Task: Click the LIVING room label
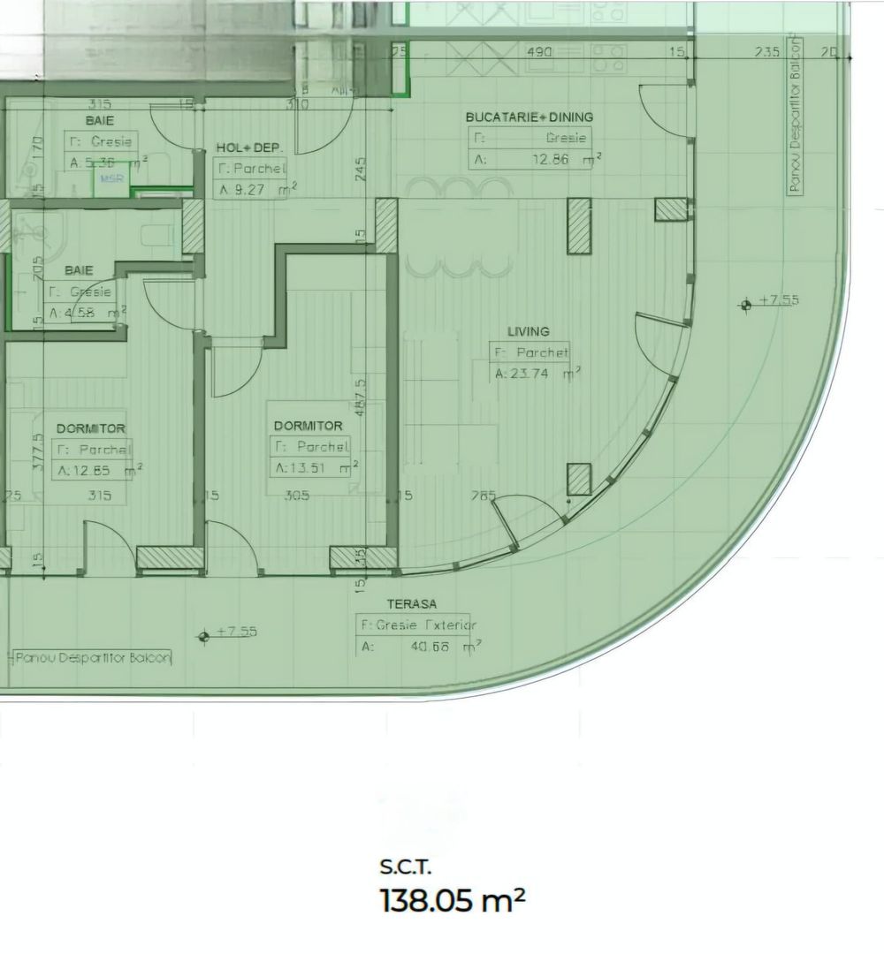point(528,331)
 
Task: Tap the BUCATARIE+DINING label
point(530,117)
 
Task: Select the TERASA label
point(411,604)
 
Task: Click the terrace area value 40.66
point(431,647)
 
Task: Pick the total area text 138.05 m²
point(452,901)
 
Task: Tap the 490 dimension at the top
point(539,52)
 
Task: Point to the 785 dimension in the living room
point(484,496)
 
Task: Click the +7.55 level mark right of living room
point(777,300)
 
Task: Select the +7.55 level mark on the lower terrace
point(236,632)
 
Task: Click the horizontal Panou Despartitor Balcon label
point(92,657)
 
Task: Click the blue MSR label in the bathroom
point(110,178)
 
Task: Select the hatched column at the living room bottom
point(579,479)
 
